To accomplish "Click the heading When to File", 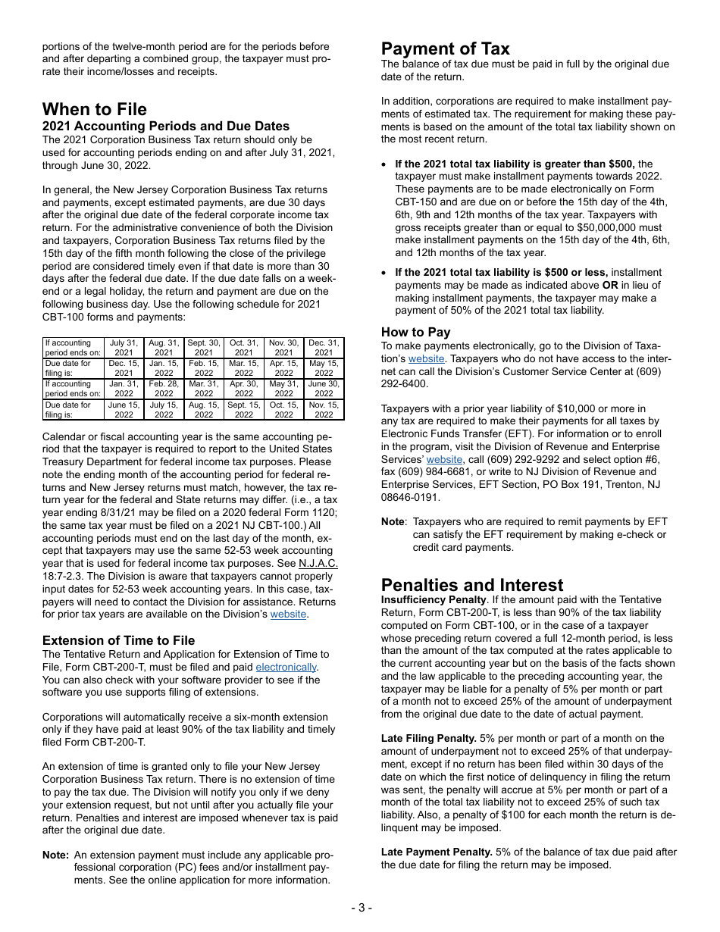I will pyautogui.click(x=95, y=109).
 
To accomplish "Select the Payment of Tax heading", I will pyautogui.click(x=445, y=49).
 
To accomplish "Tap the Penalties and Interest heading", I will pyautogui.click(x=472, y=585).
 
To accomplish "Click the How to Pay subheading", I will pyautogui.click(x=415, y=332).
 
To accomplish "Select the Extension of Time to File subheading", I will pyautogui.click(x=118, y=640).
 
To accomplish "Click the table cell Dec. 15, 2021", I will pyautogui.click(x=124, y=368).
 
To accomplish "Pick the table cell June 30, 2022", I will pyautogui.click(x=324, y=389).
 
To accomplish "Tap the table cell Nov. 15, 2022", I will pyautogui.click(x=324, y=409).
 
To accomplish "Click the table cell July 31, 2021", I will pyautogui.click(x=124, y=348).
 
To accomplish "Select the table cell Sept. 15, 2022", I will pyautogui.click(x=243, y=409).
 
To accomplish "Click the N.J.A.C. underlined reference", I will pyautogui.click(x=318, y=563).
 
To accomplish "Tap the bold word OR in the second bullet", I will pyautogui.click(x=610, y=285).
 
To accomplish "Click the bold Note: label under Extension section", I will pyautogui.click(x=55, y=855).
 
